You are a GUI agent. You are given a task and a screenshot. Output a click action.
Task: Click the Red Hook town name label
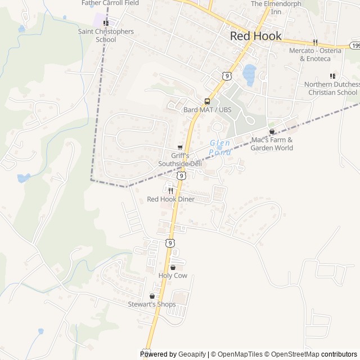[x=256, y=36]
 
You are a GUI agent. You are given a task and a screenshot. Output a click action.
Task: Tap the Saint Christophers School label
[x=106, y=35]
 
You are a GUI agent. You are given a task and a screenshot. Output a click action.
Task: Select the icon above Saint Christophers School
[x=106, y=23]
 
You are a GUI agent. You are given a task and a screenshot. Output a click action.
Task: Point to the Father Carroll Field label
[x=110, y=3]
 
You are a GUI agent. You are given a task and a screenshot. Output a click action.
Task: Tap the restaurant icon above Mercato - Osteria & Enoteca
[x=316, y=42]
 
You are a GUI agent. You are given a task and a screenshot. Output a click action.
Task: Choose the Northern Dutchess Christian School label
[x=331, y=88]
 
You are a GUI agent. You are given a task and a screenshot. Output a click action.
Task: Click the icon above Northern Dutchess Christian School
[x=332, y=76]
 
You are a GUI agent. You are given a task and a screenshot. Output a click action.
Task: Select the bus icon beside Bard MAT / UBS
[x=207, y=102]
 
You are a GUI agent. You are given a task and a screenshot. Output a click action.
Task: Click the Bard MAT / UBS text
[x=207, y=110]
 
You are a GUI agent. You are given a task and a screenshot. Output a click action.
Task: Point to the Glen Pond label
[x=220, y=147]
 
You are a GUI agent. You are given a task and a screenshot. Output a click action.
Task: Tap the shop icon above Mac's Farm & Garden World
[x=272, y=132]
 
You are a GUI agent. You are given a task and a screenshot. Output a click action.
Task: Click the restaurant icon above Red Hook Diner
[x=170, y=191]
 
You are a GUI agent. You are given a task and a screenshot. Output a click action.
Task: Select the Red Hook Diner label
[x=170, y=199]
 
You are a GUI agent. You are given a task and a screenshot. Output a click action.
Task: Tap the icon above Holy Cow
[x=173, y=267]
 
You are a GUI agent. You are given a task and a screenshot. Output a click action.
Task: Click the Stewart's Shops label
[x=152, y=304]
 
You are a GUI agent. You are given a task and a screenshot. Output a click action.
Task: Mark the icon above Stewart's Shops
[x=152, y=296]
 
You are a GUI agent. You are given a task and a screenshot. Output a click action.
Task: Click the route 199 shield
[x=355, y=44]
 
